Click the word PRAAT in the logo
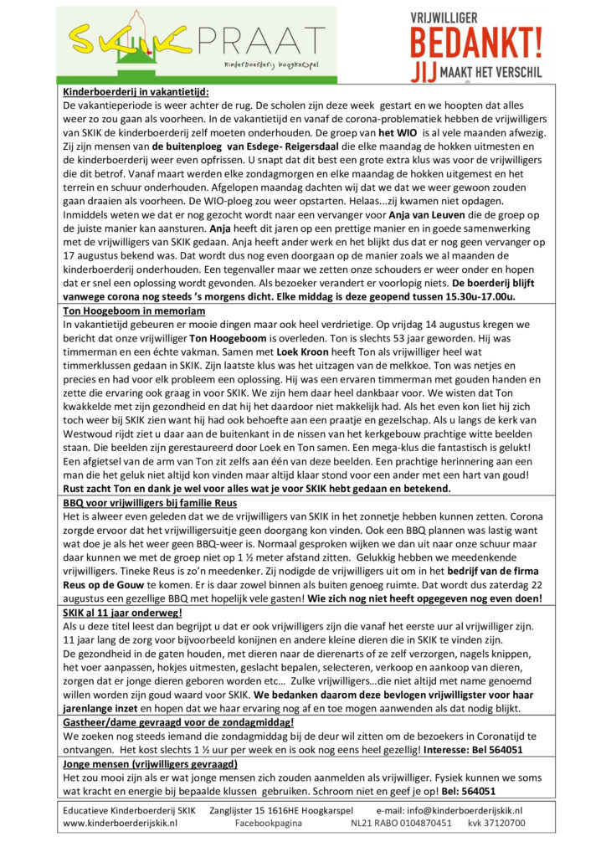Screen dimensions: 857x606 point(269,38)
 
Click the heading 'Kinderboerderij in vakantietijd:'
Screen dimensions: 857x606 point(136,92)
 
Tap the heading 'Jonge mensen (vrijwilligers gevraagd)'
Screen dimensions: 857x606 point(151,764)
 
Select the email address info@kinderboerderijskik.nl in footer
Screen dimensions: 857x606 point(464,810)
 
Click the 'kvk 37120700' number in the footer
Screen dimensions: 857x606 point(497,824)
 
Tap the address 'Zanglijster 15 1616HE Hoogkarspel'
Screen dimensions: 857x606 point(281,810)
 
